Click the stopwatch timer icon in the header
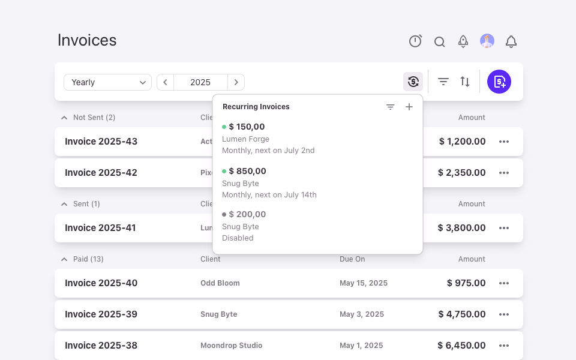(415, 41)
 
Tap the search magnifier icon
(439, 42)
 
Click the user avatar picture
(487, 41)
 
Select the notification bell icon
(511, 41)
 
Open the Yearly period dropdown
(107, 82)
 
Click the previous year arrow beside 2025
(166, 82)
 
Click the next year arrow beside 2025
(236, 82)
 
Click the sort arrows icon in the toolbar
(465, 82)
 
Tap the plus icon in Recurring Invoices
(409, 107)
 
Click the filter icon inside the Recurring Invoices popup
(390, 107)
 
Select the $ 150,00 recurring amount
(247, 127)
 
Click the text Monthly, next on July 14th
(269, 194)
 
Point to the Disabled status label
(238, 238)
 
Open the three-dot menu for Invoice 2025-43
(504, 142)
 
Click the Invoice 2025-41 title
(100, 228)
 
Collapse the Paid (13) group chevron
(64, 259)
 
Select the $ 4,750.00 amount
(462, 314)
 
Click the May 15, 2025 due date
(364, 283)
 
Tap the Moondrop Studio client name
(232, 346)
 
